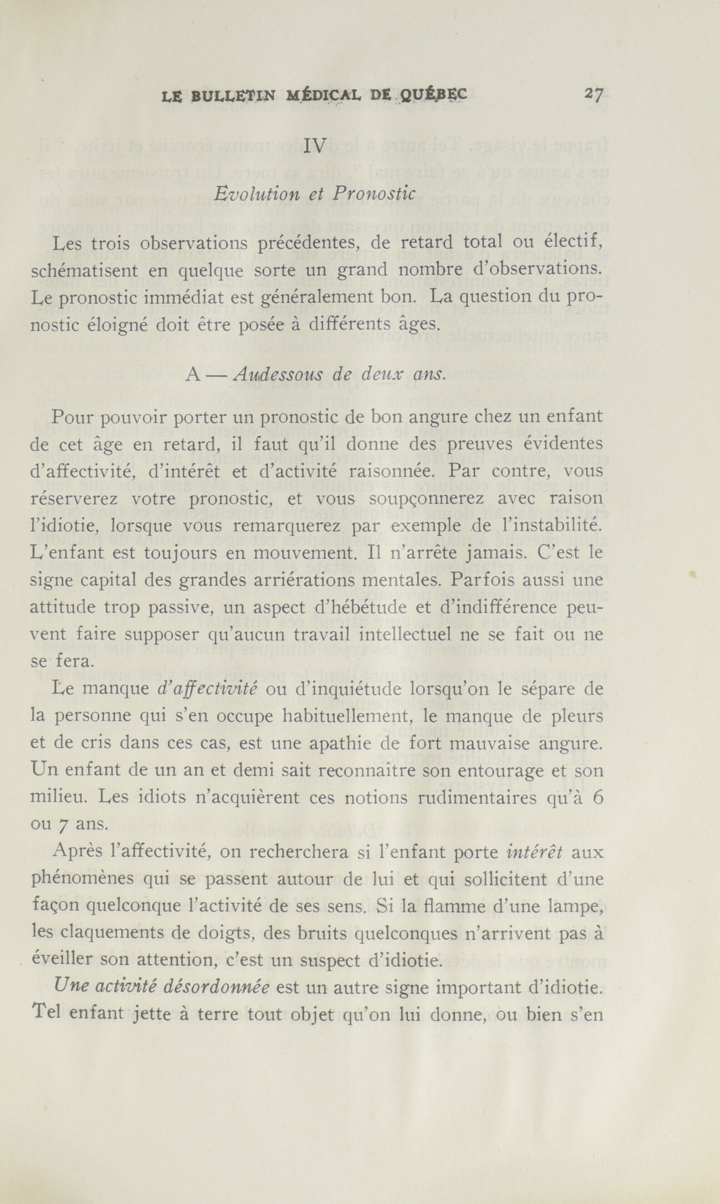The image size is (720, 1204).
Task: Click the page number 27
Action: [x=593, y=94]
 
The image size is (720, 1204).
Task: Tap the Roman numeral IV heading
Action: [x=315, y=146]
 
